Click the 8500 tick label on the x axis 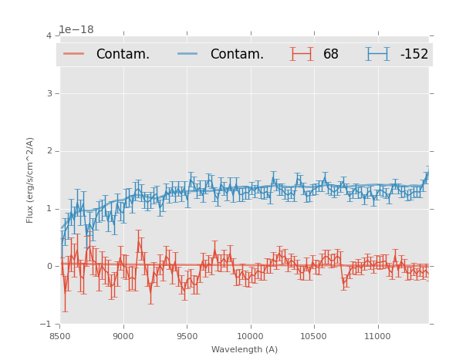pos(59,336)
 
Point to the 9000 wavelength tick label pos(123,336)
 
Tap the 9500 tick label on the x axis pos(187,336)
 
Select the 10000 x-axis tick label pos(250,336)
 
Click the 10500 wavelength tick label pos(313,336)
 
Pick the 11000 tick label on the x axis pos(377,336)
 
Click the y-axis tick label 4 pos(49,35)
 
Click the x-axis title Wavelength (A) pos(245,349)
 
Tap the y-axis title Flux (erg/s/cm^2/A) pos(31,180)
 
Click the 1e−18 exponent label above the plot pos(76,30)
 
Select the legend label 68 pos(331,55)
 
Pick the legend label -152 pos(414,55)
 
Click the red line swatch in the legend pos(74,54)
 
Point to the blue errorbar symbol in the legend pos(378,54)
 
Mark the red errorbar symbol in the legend pos(302,54)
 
